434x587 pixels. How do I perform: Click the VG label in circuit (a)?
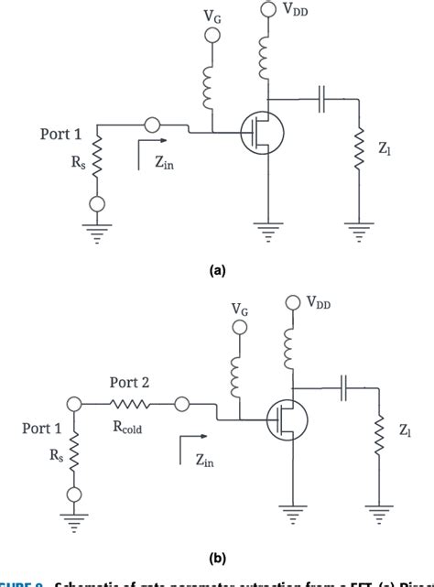212,16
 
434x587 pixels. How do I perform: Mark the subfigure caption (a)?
217,271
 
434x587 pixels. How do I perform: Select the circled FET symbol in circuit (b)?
284,421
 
